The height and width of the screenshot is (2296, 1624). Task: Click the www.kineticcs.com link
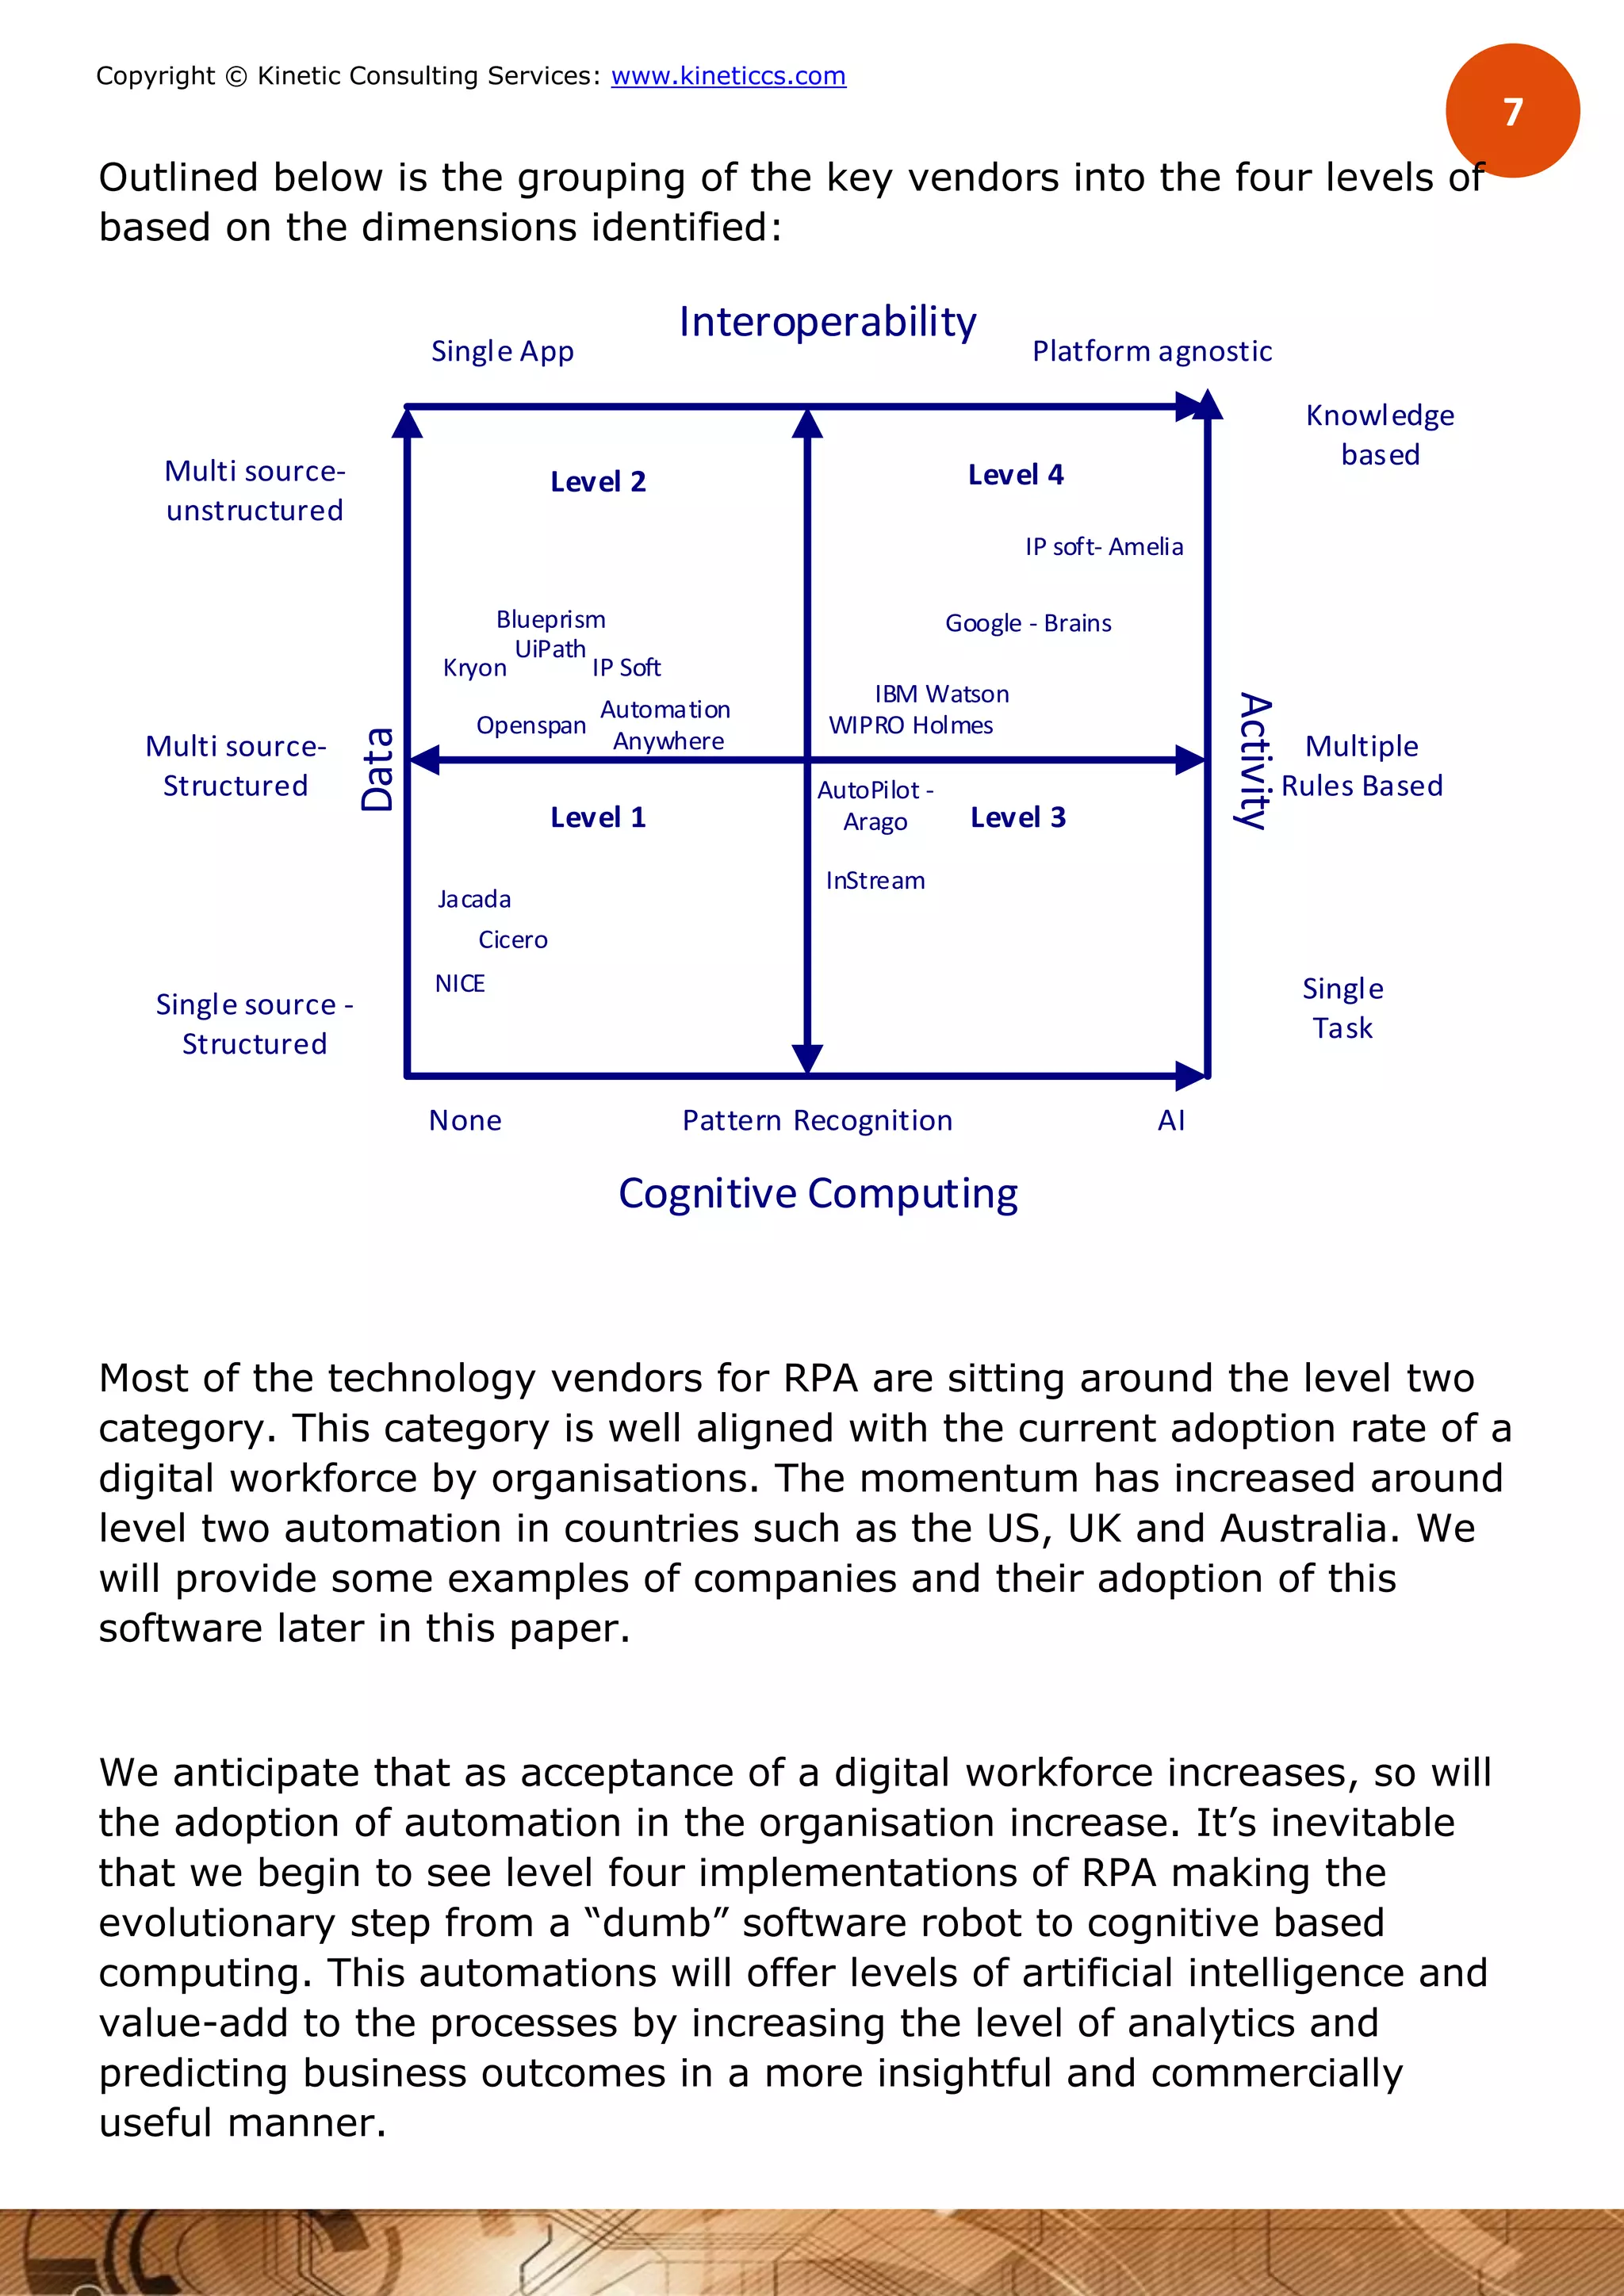point(728,76)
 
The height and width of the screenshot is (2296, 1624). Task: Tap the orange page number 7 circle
point(1512,111)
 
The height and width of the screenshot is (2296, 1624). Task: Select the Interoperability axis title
point(827,322)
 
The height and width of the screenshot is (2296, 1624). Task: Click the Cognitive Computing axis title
point(818,1194)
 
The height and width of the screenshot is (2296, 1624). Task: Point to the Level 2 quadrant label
point(598,482)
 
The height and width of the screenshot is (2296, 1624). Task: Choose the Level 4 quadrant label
point(1015,475)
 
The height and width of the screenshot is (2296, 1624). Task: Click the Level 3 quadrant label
point(1018,818)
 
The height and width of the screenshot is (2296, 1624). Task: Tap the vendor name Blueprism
point(551,620)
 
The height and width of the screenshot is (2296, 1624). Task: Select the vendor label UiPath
point(550,650)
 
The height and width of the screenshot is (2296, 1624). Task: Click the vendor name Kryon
point(475,668)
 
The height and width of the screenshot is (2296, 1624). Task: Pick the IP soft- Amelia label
point(1104,547)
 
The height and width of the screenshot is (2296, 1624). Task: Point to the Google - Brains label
point(1028,623)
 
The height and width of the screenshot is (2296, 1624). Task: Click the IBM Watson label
point(942,694)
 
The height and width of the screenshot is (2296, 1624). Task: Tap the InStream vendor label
point(875,881)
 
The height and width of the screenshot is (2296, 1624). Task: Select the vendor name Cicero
point(513,940)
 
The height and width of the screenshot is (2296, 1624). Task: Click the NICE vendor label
point(460,984)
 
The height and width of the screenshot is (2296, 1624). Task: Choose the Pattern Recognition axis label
point(817,1121)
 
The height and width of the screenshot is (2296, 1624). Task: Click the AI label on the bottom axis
point(1171,1121)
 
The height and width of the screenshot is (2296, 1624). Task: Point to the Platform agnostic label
point(1152,352)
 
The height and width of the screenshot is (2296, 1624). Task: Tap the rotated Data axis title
point(378,768)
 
